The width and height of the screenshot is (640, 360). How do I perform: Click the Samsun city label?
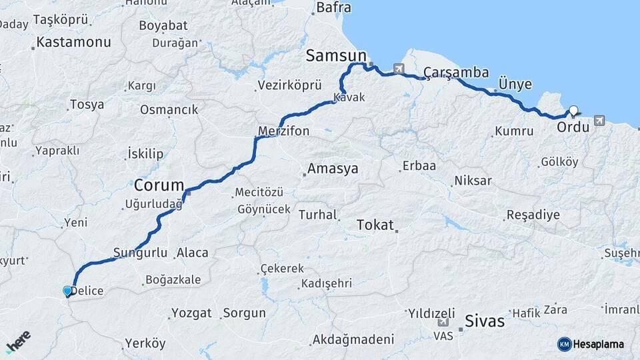[x=336, y=56]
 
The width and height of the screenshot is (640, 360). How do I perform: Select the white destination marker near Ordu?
[x=573, y=111]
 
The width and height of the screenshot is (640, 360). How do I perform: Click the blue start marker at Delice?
[x=67, y=291]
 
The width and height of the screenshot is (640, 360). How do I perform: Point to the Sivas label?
[x=485, y=320]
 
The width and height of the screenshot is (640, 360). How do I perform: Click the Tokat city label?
[x=375, y=224]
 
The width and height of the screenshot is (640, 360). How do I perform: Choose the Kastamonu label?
[x=73, y=42]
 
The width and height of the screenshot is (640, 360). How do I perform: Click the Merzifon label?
[x=284, y=131]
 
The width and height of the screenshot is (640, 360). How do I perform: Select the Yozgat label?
[x=191, y=313]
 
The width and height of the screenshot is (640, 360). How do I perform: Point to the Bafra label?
[x=333, y=8]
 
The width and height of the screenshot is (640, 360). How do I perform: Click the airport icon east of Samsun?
[x=399, y=68]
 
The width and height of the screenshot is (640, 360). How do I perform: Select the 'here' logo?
[x=19, y=341]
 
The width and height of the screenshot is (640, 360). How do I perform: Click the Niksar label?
[x=473, y=181]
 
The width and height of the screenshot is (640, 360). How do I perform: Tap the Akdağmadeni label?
[x=352, y=339]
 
